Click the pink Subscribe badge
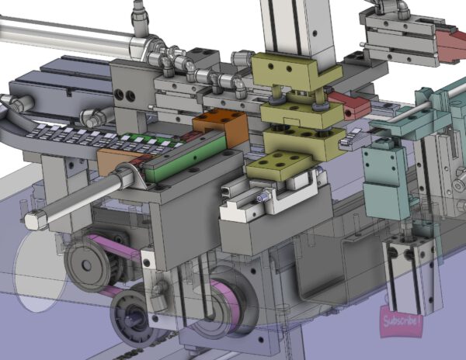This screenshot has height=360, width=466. pos(400,321)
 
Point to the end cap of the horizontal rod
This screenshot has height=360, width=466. pos(35,220)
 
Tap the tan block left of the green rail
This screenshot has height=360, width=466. pos(116,160)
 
